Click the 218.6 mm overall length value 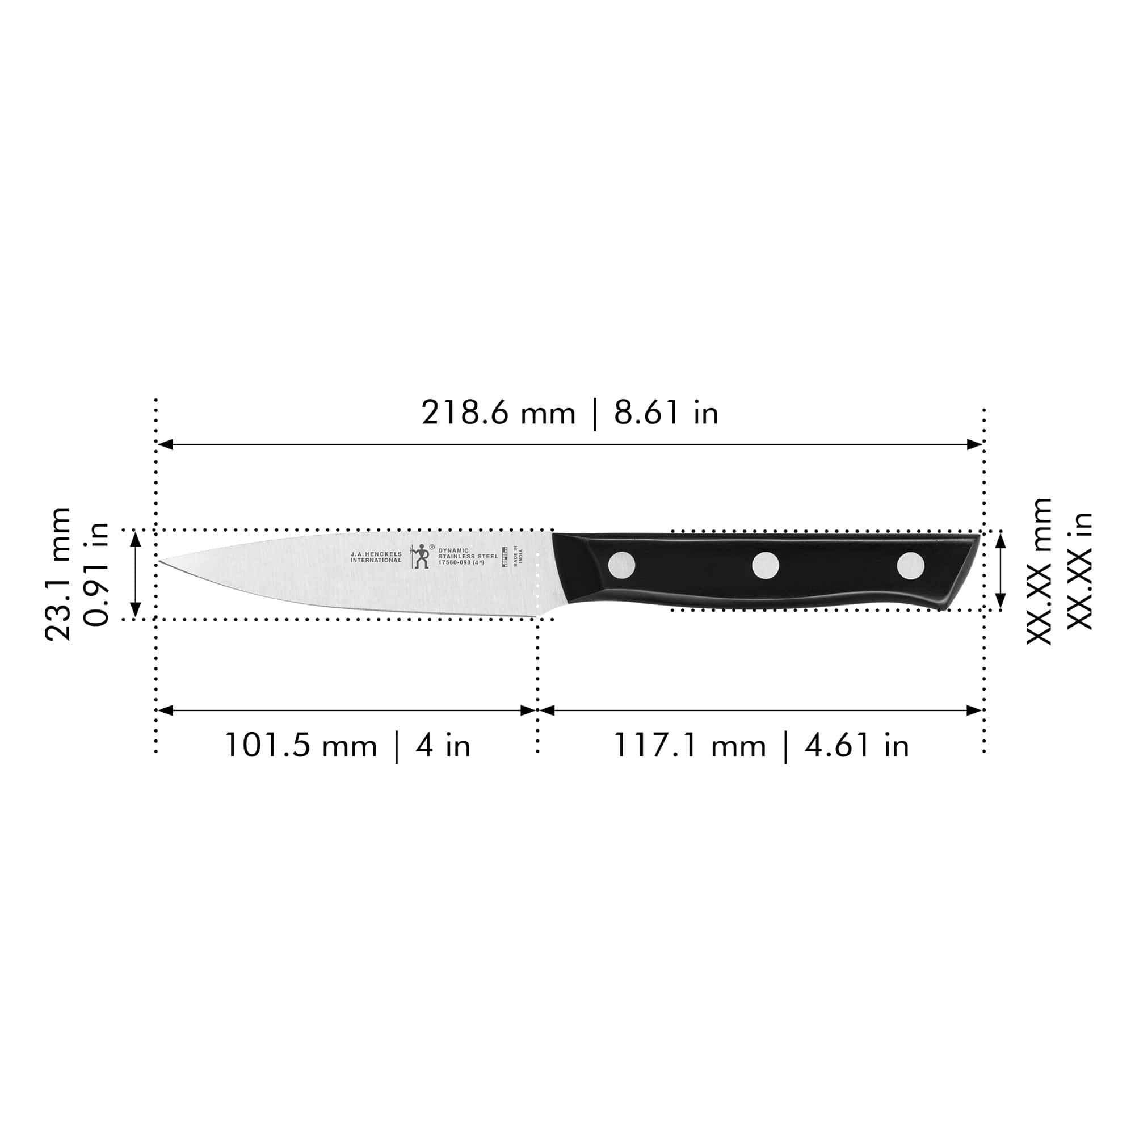pyautogui.click(x=498, y=413)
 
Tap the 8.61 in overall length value pyautogui.click(x=666, y=413)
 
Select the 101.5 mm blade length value pyautogui.click(x=300, y=746)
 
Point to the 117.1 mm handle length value pyautogui.click(x=690, y=746)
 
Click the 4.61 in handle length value pyautogui.click(x=856, y=746)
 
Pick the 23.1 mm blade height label pyautogui.click(x=58, y=574)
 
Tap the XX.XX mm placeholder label pyautogui.click(x=1039, y=571)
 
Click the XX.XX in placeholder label pyautogui.click(x=1079, y=571)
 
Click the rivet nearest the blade pyautogui.click(x=621, y=565)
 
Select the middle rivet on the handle pyautogui.click(x=766, y=565)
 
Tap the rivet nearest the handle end pyautogui.click(x=910, y=565)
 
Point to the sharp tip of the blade pyautogui.click(x=161, y=562)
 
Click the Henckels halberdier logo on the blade pyautogui.click(x=420, y=556)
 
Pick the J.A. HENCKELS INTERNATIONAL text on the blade pyautogui.click(x=376, y=557)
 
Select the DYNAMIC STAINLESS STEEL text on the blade pyautogui.click(x=468, y=556)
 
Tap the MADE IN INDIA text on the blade pyautogui.click(x=518, y=556)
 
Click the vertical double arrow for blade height pyautogui.click(x=136, y=574)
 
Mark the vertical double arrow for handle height pyautogui.click(x=1001, y=570)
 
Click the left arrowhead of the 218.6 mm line pyautogui.click(x=165, y=444)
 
